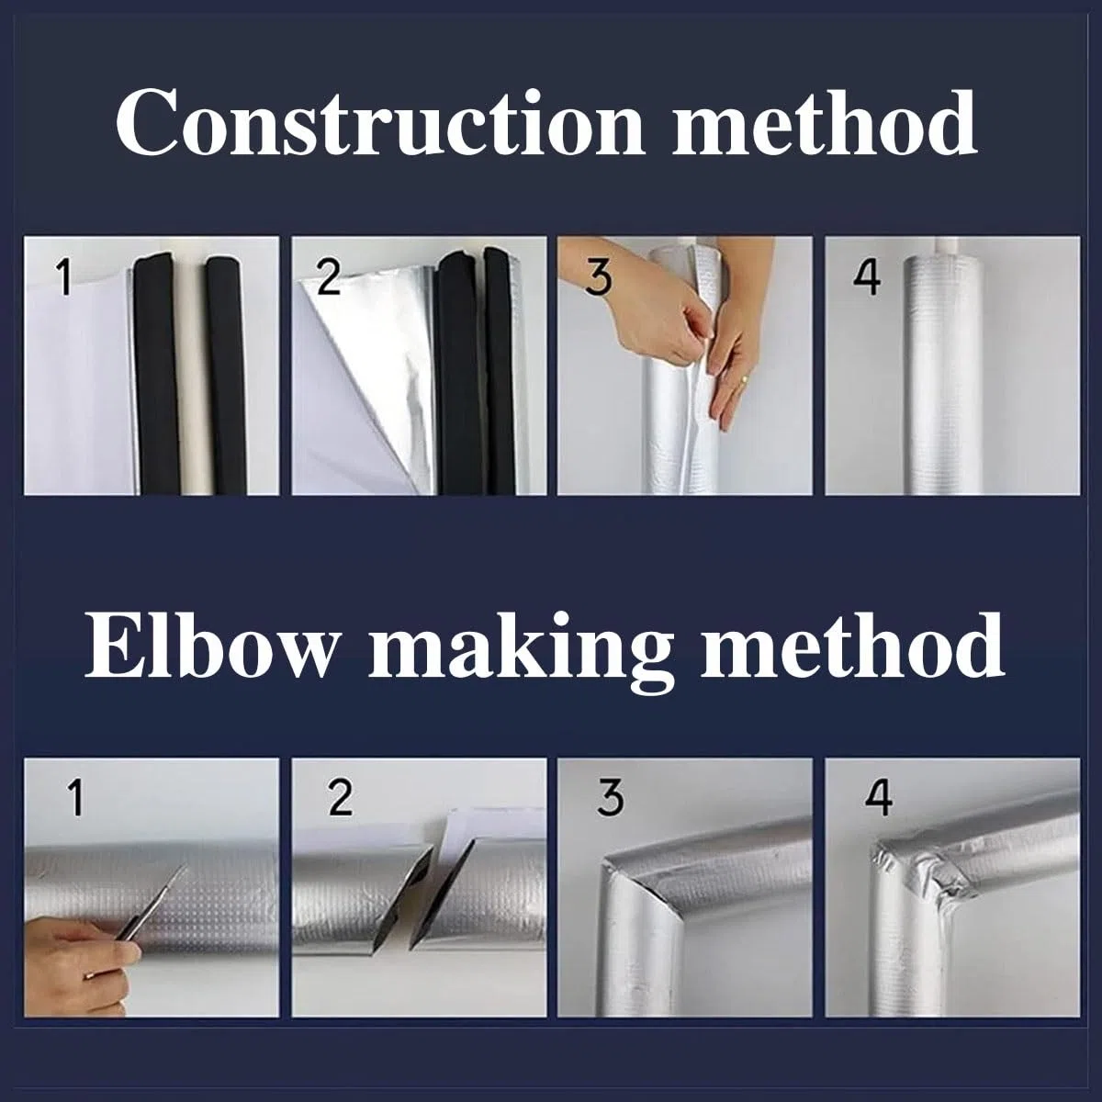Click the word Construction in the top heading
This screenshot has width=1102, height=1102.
(x=379, y=122)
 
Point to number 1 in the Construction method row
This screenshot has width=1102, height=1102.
(x=64, y=276)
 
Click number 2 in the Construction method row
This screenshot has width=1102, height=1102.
(x=328, y=276)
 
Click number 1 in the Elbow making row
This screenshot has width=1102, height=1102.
(x=75, y=798)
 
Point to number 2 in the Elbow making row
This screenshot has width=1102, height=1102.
(x=341, y=798)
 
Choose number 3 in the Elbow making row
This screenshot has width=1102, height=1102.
(x=610, y=798)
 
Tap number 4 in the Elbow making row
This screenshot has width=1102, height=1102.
(x=879, y=798)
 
